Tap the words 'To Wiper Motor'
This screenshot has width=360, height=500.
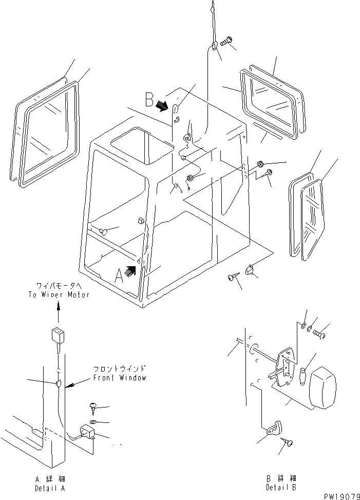pyautogui.click(x=59, y=294)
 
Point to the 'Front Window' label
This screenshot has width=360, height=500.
pyautogui.click(x=120, y=377)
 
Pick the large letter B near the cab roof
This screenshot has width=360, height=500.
pyautogui.click(x=149, y=98)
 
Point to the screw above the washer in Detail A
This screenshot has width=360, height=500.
pyautogui.click(x=94, y=407)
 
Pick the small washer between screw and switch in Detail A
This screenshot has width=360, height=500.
pyautogui.click(x=91, y=422)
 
